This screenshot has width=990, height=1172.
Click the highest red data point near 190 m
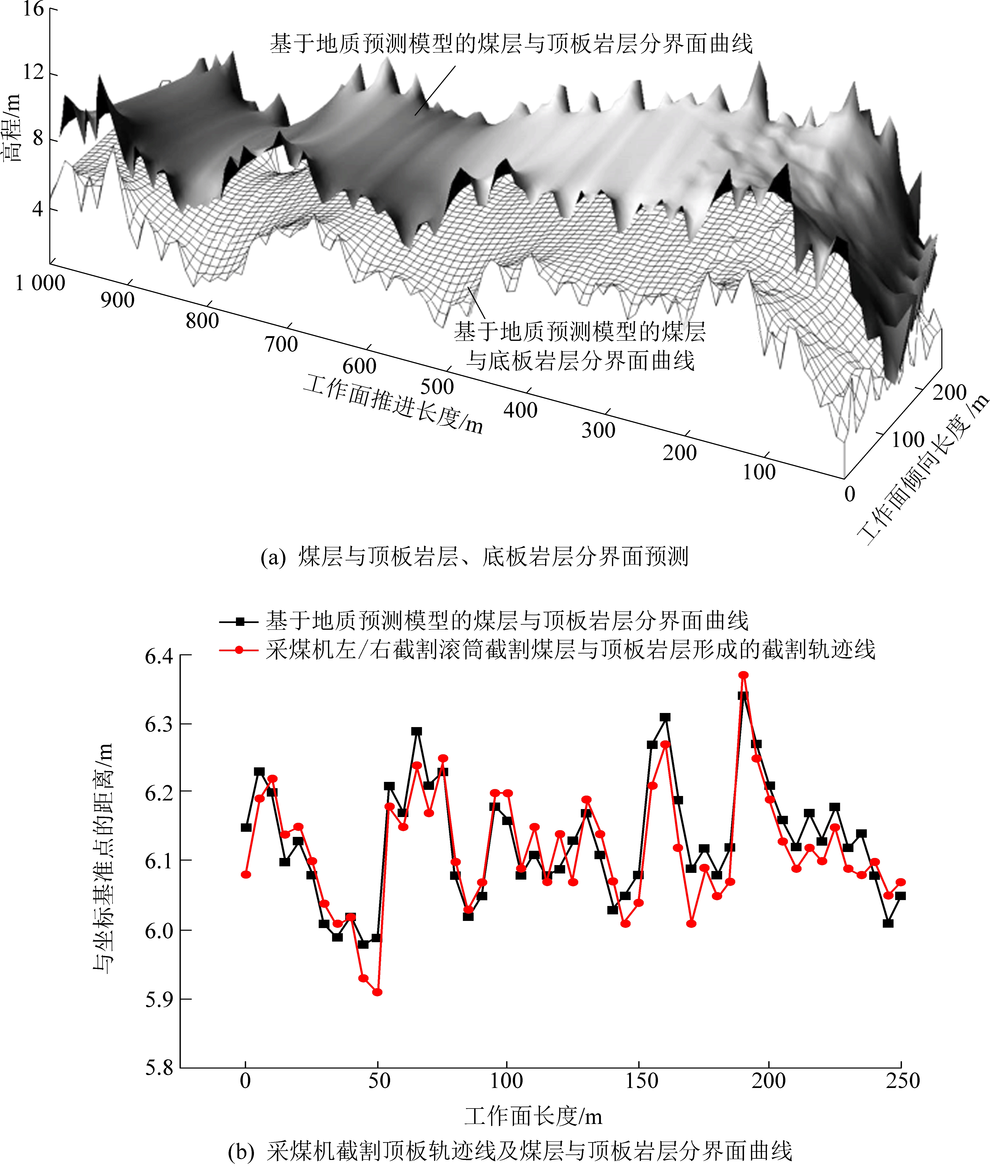click(743, 675)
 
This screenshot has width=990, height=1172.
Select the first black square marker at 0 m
click(246, 827)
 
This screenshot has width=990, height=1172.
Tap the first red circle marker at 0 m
click(246, 875)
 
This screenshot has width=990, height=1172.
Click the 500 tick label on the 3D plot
click(437, 387)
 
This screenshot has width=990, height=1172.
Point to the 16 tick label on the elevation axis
click(34, 9)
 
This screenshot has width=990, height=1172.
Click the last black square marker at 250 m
click(901, 896)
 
